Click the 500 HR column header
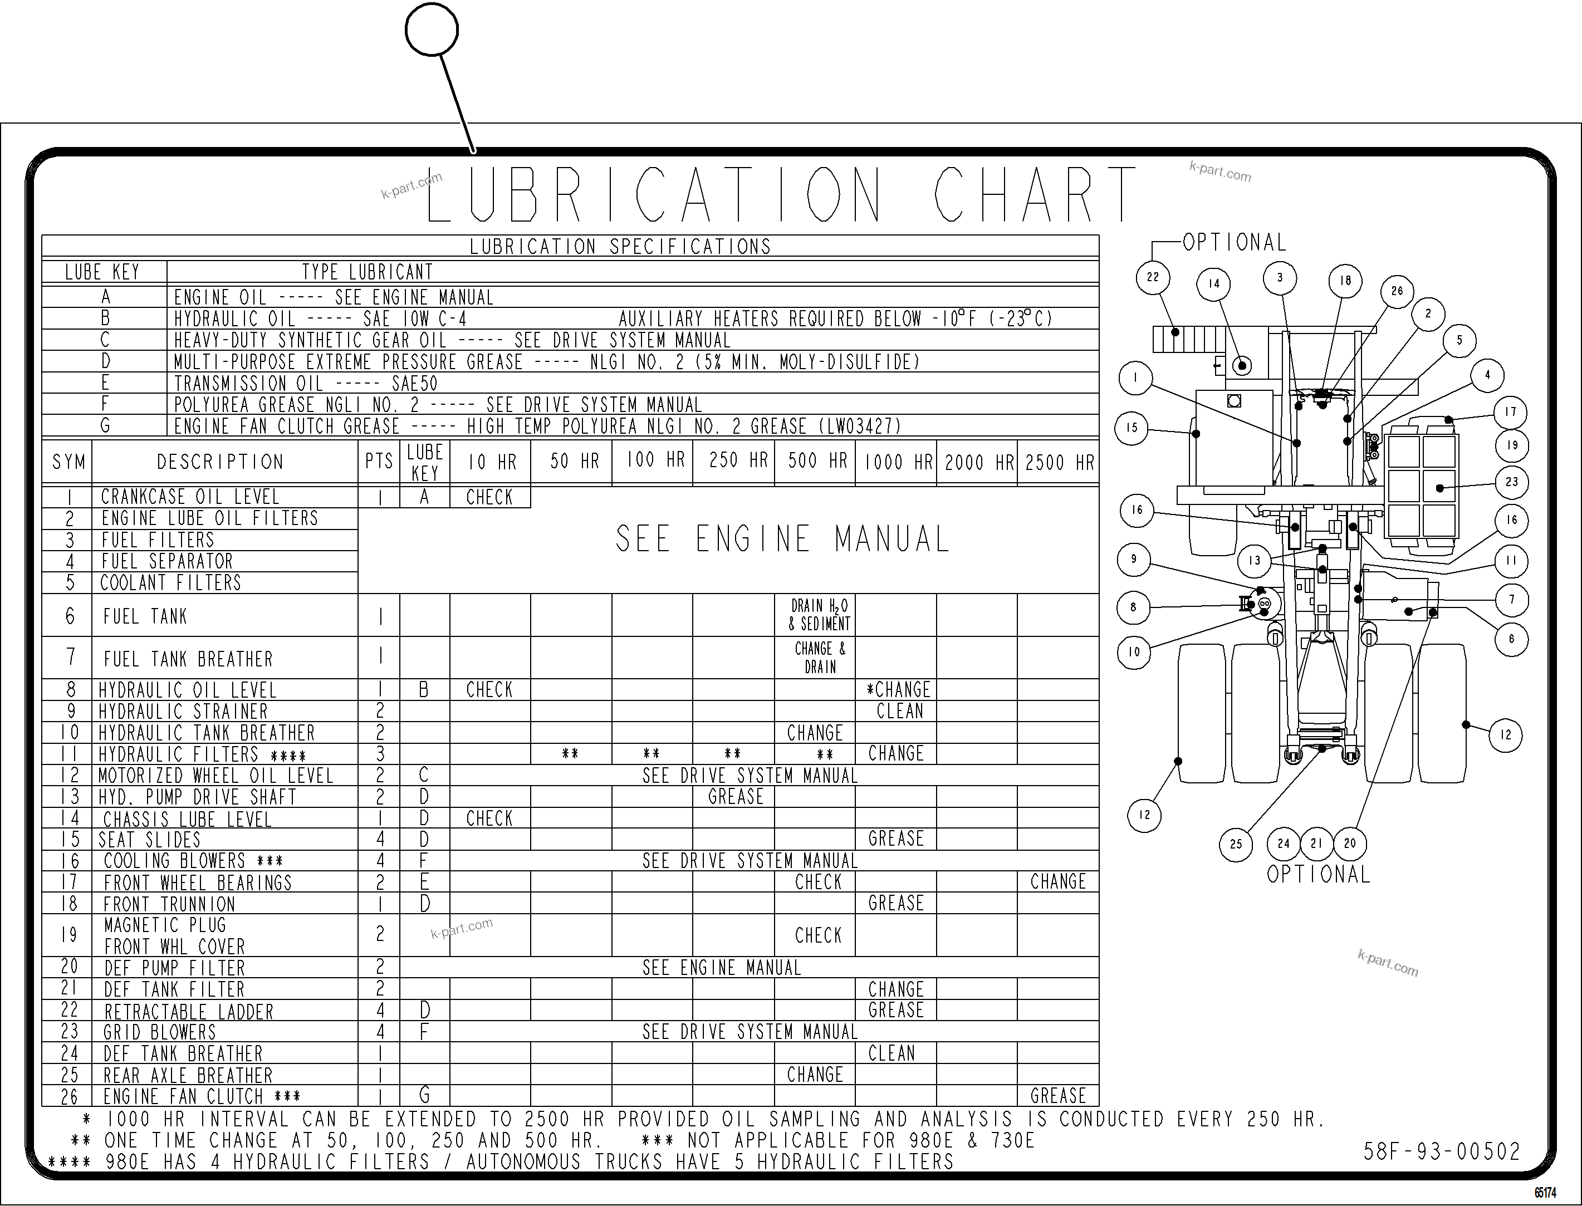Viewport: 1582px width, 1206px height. point(817,461)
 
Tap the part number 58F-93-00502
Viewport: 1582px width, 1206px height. point(1441,1152)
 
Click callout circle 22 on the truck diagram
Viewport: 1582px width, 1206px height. point(1153,278)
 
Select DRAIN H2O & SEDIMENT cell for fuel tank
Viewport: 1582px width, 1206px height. point(819,615)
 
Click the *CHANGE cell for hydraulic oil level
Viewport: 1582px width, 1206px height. point(898,690)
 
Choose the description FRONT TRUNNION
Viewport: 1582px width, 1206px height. point(169,904)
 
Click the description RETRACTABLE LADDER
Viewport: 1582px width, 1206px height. point(189,1012)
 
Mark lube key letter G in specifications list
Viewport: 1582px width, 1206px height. point(105,426)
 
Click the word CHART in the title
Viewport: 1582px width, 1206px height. point(1034,195)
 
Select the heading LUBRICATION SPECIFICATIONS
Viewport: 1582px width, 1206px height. point(620,247)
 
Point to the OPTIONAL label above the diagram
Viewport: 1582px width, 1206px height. point(1234,243)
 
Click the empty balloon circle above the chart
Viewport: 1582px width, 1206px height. point(432,30)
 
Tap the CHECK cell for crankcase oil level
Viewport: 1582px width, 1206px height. point(489,497)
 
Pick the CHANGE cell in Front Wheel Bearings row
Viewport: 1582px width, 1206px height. point(1058,881)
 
